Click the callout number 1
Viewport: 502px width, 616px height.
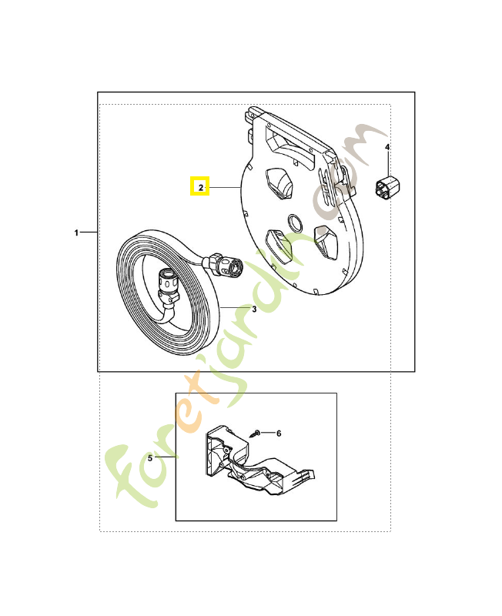coord(76,233)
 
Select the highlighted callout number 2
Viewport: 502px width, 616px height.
coord(201,187)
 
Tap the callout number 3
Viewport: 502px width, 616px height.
coord(254,310)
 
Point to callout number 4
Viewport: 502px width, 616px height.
coord(387,147)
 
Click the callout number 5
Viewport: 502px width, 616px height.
coord(149,458)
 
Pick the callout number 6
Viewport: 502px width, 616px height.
coord(279,434)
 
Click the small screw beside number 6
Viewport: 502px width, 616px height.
coord(255,434)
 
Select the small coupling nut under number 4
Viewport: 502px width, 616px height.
coord(387,188)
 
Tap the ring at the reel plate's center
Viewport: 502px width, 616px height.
coord(296,223)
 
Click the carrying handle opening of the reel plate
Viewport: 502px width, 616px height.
coord(290,146)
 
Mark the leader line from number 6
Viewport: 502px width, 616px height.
coord(267,433)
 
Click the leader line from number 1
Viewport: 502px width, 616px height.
coord(89,233)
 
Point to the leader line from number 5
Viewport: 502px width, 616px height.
coord(165,457)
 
